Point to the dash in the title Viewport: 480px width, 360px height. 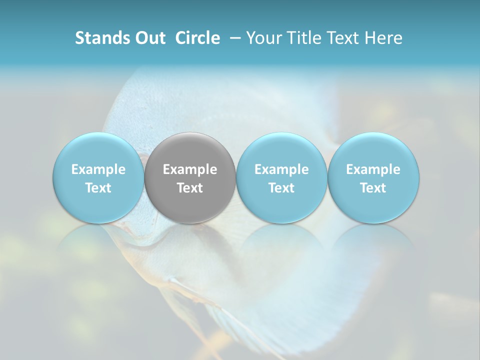(x=233, y=38)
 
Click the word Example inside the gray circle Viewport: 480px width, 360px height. (x=190, y=169)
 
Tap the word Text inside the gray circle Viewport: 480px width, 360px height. (x=190, y=188)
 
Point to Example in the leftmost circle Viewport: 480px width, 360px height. (x=98, y=169)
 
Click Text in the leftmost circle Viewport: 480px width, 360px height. (x=98, y=188)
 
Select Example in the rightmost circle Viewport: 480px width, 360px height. (x=373, y=169)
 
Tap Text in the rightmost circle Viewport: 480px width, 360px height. (x=373, y=188)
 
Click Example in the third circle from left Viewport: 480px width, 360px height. (x=281, y=169)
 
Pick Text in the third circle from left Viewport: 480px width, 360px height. (x=281, y=188)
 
